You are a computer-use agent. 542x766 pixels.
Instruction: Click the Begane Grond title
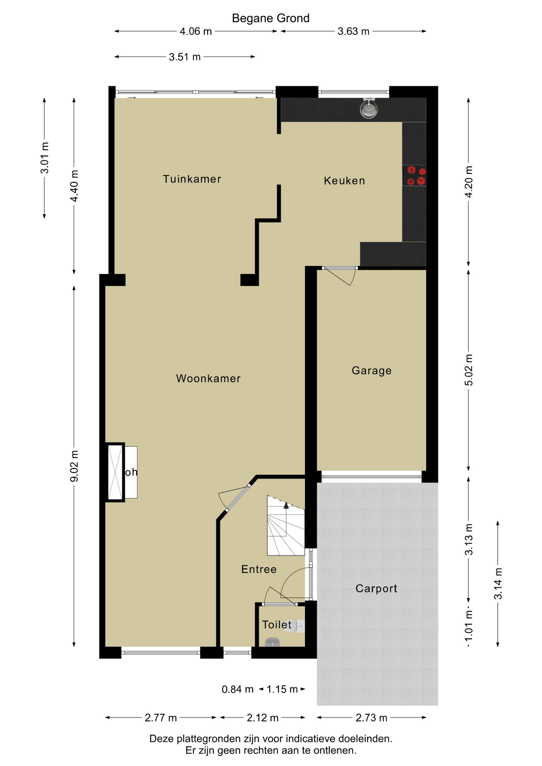[271, 18]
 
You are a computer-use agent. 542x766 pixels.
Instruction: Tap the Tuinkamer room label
[192, 179]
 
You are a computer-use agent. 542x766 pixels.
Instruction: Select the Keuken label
[344, 181]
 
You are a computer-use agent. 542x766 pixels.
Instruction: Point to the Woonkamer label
[208, 378]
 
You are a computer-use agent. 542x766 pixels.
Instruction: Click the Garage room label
[372, 371]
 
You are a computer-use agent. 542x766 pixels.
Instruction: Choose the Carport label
[376, 588]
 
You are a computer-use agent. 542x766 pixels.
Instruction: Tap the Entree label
[259, 569]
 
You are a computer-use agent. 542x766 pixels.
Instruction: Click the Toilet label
[277, 624]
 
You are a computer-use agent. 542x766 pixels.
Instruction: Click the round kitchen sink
[369, 109]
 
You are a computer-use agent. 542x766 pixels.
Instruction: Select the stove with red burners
[414, 176]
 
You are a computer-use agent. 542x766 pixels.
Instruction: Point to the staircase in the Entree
[286, 525]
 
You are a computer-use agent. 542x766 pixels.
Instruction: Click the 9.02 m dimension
[74, 466]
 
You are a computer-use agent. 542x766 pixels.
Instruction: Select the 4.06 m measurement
[196, 32]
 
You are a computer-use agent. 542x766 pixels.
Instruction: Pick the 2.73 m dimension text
[372, 718]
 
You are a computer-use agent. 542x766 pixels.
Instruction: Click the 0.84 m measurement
[237, 689]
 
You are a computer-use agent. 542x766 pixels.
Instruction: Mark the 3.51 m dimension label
[184, 57]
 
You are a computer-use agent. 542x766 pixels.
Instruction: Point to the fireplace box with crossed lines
[115, 472]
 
